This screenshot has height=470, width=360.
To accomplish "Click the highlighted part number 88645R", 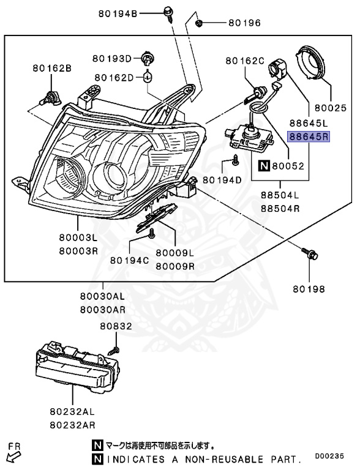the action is point(309,137).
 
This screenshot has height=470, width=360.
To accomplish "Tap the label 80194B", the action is point(118,14).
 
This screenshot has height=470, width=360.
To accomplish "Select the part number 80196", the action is point(244,23).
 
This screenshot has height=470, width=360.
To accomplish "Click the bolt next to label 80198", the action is point(309,253).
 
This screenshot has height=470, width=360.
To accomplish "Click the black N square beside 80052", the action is point(264,165).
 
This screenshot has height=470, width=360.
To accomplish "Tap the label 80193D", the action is point(112,59).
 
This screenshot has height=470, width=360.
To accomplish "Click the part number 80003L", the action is point(78,237).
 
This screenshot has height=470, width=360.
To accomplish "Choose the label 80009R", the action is point(175,266).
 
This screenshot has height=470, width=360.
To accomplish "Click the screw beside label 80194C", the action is point(152,233).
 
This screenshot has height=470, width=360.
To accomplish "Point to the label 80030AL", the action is point(102,296).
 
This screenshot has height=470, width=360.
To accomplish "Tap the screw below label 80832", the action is point(114,349).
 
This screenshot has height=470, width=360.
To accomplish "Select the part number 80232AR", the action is point(72,425).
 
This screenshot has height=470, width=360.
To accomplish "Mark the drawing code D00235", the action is point(329,456).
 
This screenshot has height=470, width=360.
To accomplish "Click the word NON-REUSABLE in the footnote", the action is point(224,459).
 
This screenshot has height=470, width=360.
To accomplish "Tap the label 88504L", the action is point(280,195).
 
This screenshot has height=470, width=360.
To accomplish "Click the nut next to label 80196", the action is point(198,23).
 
